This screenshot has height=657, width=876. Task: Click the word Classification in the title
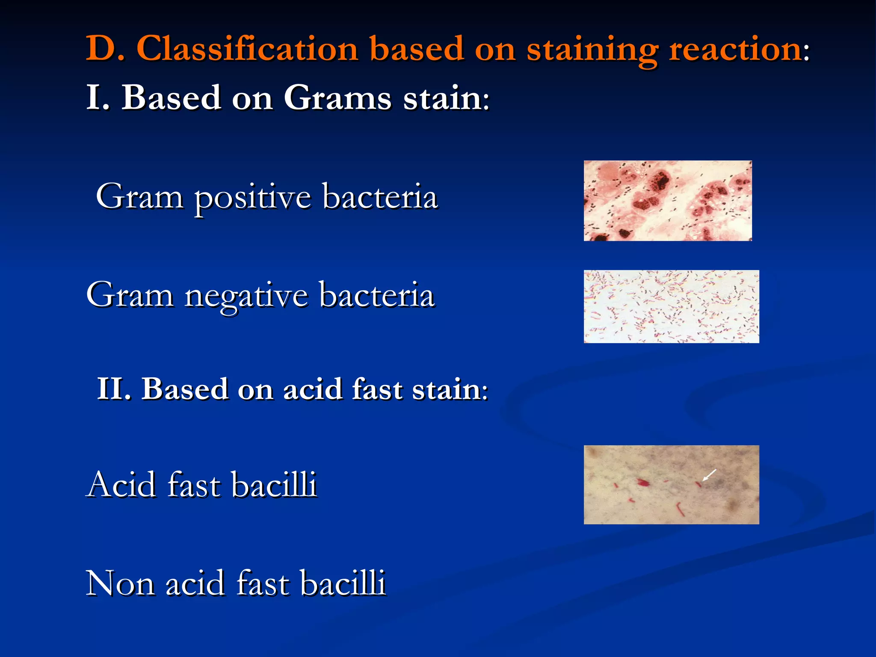tap(247, 48)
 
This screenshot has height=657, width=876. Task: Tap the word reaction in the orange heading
tap(735, 49)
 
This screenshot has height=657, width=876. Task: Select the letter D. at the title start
tap(105, 48)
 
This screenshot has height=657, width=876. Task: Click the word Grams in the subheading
tap(337, 98)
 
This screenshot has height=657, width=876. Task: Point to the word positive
tap(252, 197)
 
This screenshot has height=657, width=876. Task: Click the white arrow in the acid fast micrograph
tap(710, 474)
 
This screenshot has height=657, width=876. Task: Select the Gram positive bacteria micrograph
tap(667, 201)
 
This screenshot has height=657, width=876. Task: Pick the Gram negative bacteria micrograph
tap(671, 306)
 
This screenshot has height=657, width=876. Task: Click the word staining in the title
tap(592, 49)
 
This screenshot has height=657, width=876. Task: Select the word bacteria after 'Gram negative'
tap(377, 296)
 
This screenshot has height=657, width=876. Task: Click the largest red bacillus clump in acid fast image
tap(643, 483)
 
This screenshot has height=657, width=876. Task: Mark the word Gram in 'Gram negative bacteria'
tap(130, 296)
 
